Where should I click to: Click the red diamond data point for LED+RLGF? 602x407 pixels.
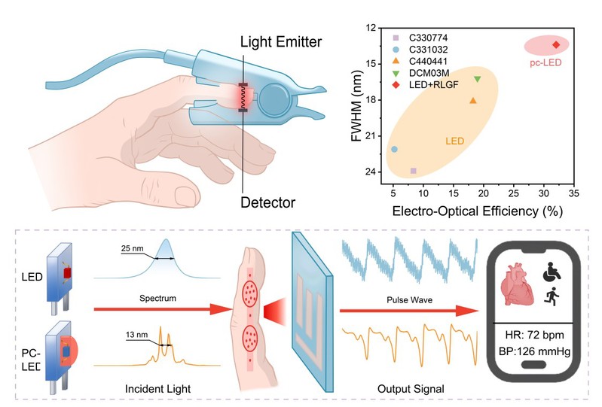(556, 45)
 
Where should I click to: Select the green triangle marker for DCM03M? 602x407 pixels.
(478, 79)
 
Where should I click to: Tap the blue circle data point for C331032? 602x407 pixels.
(394, 149)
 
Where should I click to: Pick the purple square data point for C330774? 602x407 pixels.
(414, 171)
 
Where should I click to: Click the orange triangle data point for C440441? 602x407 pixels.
(473, 100)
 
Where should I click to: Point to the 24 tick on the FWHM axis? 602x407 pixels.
(371, 172)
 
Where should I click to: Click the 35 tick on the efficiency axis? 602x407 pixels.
(573, 193)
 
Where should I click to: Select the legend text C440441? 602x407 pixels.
(428, 62)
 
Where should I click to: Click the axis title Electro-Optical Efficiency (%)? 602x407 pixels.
(477, 211)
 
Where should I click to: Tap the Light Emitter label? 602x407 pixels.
(281, 42)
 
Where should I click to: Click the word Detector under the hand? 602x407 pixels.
(267, 202)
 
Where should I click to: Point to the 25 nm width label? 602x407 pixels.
(132, 248)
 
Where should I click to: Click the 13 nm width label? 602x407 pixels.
(136, 335)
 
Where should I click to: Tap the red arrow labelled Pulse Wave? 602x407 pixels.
(410, 311)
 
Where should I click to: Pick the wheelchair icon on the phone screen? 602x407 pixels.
(552, 272)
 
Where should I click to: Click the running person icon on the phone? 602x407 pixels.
(552, 296)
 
